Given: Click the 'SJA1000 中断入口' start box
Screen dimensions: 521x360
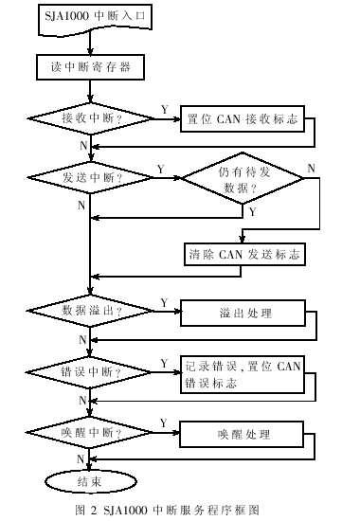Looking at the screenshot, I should coord(90,17).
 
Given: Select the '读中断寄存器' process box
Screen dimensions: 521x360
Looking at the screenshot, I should coord(91,66).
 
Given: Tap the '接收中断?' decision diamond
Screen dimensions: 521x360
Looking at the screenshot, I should coord(92,118).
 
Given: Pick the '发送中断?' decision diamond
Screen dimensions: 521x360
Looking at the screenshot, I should coord(90,177).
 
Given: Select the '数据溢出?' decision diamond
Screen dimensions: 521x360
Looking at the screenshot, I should coord(92,311).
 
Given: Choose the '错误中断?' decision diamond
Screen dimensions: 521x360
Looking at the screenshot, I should coord(91,371).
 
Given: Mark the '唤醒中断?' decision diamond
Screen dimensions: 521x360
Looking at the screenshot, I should coord(91,434).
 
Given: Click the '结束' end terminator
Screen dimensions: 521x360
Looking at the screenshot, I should coord(90,481).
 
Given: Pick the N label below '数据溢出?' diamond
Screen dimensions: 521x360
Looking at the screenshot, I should coord(82,338).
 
